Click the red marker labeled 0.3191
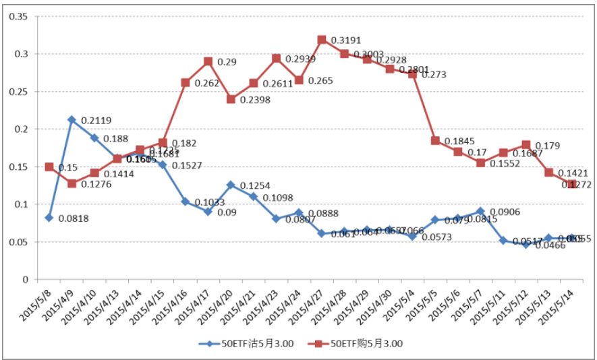click(x=322, y=40)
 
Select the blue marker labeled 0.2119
click(x=72, y=120)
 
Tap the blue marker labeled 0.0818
click(x=49, y=218)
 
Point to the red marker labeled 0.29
click(x=208, y=61)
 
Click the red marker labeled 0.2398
click(x=231, y=99)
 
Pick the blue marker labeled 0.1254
click(x=231, y=185)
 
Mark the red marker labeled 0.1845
click(x=435, y=141)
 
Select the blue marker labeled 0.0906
click(x=480, y=211)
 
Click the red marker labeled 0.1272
click(x=572, y=183)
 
